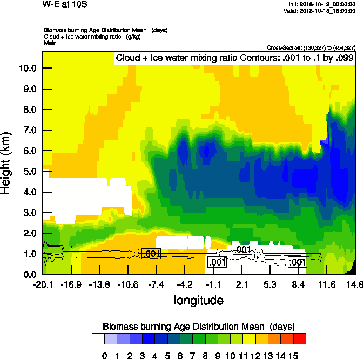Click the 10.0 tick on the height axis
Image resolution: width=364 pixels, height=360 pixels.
tap(28, 69)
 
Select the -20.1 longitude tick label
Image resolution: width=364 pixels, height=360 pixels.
tap(42, 284)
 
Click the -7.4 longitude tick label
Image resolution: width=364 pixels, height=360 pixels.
tap(156, 284)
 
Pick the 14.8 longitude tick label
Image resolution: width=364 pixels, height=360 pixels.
tap(354, 284)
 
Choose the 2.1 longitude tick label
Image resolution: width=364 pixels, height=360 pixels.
tap(241, 284)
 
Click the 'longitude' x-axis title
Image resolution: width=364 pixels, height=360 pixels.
tap(198, 300)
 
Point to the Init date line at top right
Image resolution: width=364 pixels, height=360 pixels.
tap(322, 4)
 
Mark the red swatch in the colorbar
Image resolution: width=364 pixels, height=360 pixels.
tap(300, 339)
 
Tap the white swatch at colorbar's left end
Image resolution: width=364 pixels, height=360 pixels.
tap(98, 339)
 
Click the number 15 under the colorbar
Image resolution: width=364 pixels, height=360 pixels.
tap(293, 355)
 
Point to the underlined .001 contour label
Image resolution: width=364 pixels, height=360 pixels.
tap(151, 254)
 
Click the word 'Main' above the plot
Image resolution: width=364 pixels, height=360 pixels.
tap(51, 43)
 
